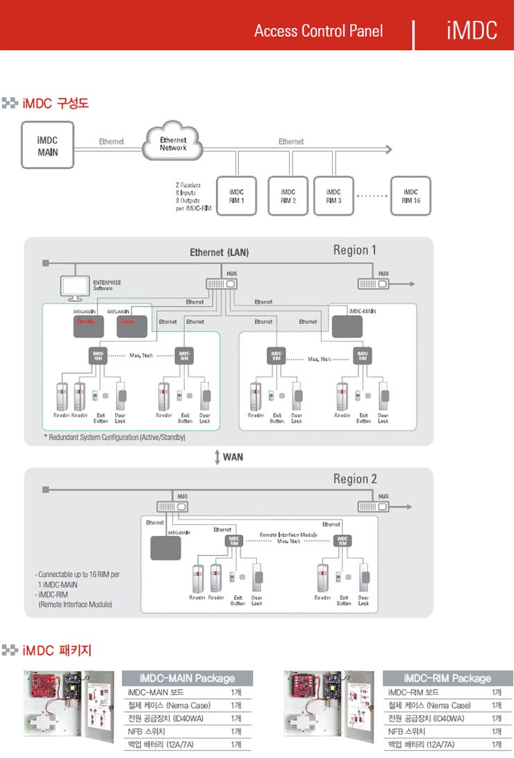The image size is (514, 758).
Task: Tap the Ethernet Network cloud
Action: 173,145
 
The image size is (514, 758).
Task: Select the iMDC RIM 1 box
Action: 236,196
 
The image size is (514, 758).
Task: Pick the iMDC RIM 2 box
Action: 288,196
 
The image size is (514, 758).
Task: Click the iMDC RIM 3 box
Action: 333,196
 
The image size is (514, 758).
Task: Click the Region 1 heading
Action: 355,250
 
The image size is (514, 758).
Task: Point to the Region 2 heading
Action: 355,479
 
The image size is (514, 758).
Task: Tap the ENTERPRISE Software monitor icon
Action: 74,286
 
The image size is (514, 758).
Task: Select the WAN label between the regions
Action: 233,457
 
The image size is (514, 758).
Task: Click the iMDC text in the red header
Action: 472,31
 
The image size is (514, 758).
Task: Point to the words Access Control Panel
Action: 318,31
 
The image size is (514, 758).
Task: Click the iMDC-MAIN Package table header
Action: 187,678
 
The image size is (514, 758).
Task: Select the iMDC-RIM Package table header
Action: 447,678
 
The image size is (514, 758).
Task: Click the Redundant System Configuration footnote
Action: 115,438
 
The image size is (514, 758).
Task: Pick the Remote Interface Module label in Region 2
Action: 288,535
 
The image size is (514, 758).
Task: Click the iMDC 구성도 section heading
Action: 55,104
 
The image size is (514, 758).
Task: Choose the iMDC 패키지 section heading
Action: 56,651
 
